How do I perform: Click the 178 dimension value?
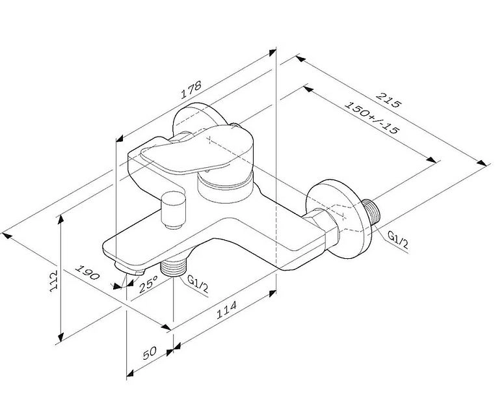191,89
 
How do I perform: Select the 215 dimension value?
389,100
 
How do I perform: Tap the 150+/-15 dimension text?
372,117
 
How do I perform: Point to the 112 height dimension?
53,281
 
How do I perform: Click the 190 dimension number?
87,272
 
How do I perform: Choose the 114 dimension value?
226,310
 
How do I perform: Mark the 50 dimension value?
150,353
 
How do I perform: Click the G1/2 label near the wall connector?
398,240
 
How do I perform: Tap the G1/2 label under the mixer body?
198,284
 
